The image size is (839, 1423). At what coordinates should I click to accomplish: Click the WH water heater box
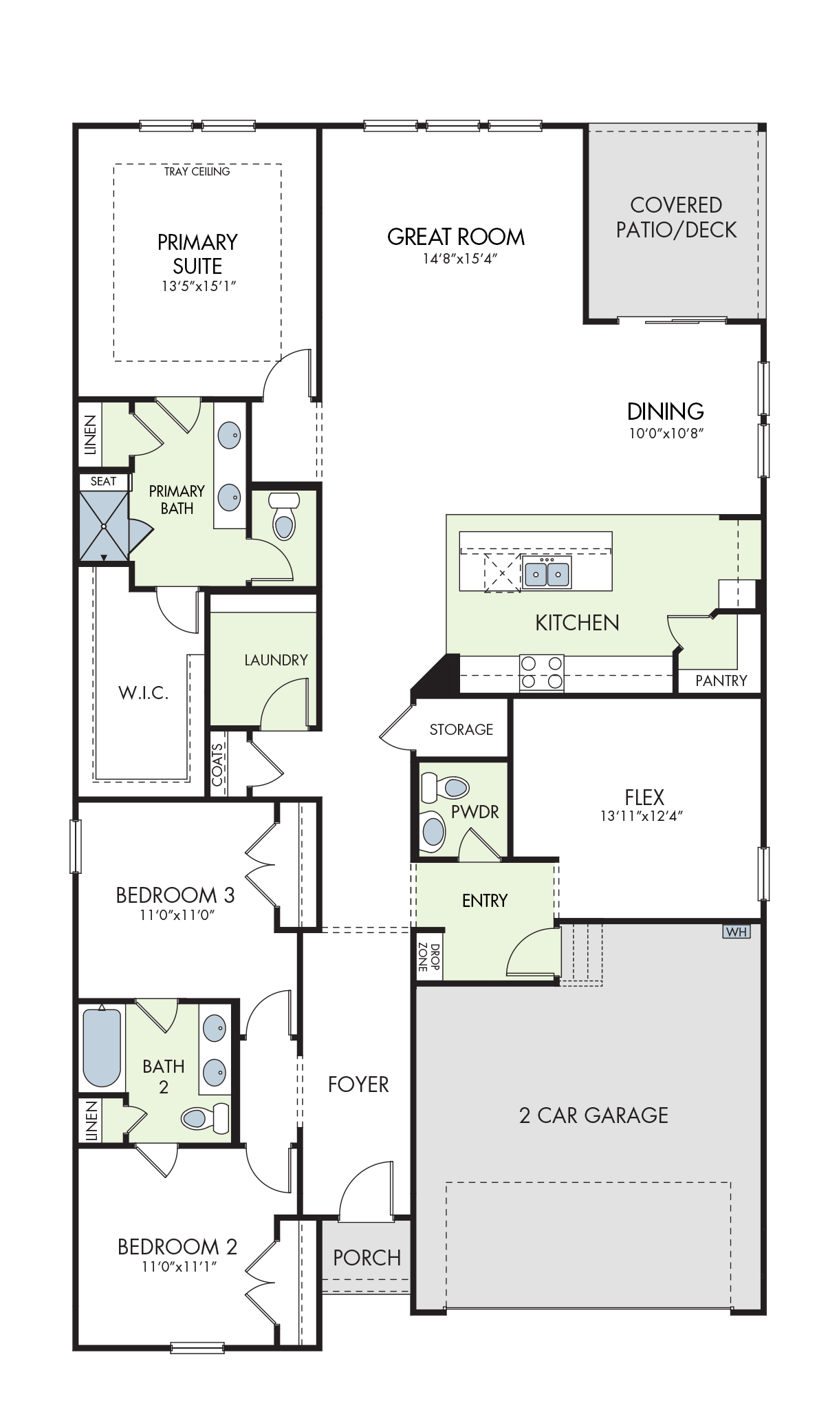(x=736, y=932)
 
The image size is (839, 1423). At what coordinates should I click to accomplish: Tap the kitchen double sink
(x=547, y=573)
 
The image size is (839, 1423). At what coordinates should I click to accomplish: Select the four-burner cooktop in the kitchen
(x=541, y=672)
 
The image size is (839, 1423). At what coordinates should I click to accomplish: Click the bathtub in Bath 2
(x=102, y=1047)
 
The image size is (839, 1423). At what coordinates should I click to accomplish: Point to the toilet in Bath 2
(x=206, y=1117)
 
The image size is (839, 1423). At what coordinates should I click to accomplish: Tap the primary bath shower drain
(x=104, y=526)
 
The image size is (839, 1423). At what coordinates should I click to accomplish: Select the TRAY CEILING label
(x=197, y=171)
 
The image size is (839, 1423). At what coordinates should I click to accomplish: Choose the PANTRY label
(x=721, y=681)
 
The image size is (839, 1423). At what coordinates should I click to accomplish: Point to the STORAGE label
(x=461, y=729)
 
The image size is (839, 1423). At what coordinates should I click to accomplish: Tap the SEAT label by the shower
(x=104, y=482)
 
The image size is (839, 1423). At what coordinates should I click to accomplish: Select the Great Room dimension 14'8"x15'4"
(x=460, y=259)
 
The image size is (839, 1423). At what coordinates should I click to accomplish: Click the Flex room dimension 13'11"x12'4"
(x=642, y=816)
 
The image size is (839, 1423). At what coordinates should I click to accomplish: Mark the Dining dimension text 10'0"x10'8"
(x=666, y=434)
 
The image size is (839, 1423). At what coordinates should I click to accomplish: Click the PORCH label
(x=367, y=1258)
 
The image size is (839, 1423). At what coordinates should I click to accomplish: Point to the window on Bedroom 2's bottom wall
(x=197, y=1347)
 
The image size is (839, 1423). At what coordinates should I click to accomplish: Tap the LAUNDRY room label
(x=276, y=660)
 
